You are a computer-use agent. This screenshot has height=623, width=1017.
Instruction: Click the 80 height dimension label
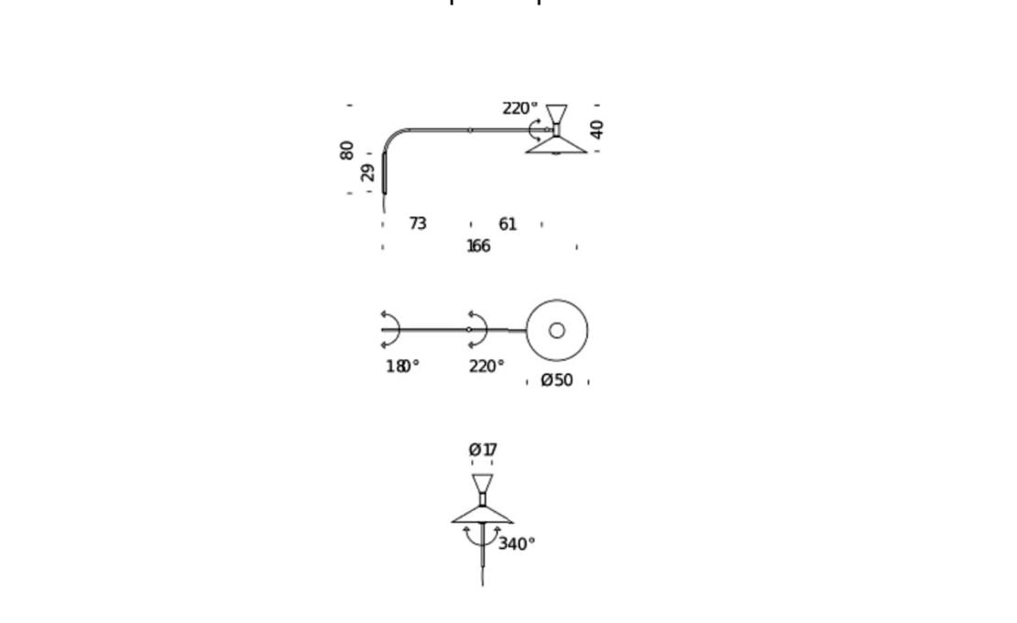(347, 150)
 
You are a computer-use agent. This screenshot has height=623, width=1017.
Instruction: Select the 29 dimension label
(367, 173)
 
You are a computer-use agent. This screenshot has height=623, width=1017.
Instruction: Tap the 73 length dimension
(418, 224)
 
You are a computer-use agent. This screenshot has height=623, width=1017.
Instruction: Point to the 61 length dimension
(508, 224)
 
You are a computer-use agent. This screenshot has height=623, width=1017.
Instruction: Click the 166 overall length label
(478, 246)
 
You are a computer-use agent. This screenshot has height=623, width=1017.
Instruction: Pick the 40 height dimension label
(596, 130)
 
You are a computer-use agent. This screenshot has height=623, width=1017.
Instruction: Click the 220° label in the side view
(520, 108)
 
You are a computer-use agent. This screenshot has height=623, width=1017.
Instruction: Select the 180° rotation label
(403, 366)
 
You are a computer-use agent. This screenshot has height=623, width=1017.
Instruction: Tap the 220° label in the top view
(487, 366)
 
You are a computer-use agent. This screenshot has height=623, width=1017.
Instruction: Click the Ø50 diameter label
(557, 380)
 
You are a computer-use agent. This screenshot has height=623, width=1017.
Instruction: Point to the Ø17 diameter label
(483, 450)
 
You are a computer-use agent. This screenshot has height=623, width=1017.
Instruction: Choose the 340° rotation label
(517, 544)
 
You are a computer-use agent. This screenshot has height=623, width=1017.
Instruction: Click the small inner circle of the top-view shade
(556, 331)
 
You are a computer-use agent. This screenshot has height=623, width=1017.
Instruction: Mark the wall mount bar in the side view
(384, 173)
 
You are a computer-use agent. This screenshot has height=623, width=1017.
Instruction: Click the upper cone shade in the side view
(556, 115)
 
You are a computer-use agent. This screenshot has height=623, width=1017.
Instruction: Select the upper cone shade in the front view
(483, 484)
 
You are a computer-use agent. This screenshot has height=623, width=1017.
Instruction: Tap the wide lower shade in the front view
(483, 516)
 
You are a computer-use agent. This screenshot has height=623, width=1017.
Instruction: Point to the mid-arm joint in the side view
(470, 130)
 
